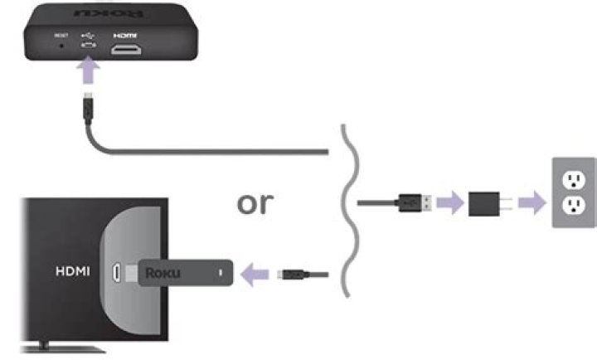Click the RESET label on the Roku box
(x=61, y=36)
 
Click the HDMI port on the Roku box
(x=125, y=50)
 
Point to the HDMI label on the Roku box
(x=124, y=36)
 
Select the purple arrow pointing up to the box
(x=89, y=73)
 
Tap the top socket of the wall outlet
(x=573, y=180)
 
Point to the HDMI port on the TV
(x=118, y=271)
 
